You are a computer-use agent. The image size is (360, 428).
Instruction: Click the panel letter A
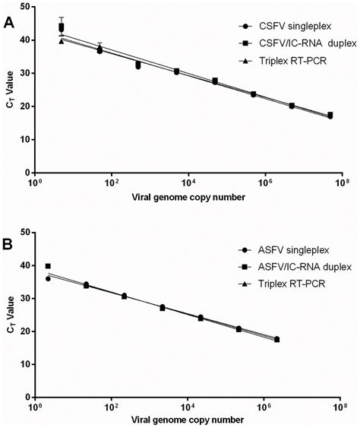click(9, 23)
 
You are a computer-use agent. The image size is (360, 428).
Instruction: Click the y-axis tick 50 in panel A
click(25, 6)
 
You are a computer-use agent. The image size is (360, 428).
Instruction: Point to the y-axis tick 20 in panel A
click(25, 106)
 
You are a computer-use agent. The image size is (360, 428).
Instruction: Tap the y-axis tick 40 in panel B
click(25, 265)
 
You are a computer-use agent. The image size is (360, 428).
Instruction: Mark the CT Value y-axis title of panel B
click(9, 315)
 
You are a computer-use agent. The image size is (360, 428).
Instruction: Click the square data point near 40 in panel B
click(48, 266)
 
